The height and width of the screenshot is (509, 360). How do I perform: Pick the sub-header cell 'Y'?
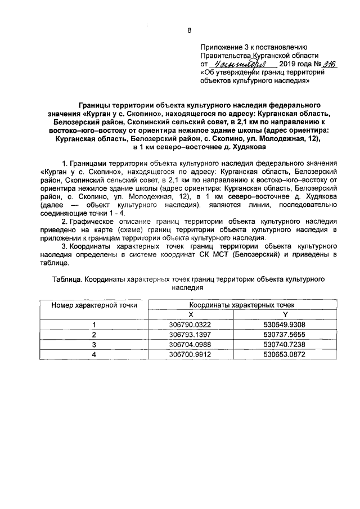(x=285, y=314)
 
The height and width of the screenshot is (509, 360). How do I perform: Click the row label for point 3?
(x=94, y=344)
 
